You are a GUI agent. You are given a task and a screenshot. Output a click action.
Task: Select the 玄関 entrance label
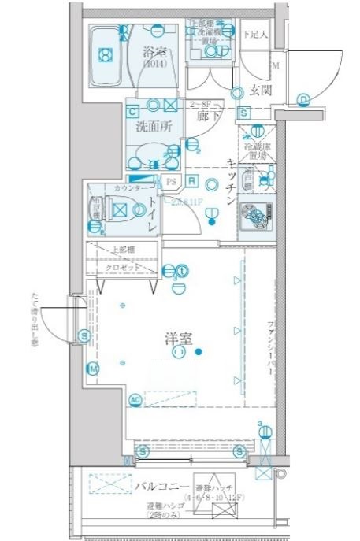[x=261, y=90]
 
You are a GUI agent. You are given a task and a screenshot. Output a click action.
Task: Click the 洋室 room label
[x=180, y=338]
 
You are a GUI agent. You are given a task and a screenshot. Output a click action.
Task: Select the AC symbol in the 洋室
[x=135, y=399]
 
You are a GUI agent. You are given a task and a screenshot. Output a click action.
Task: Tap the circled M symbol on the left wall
[x=93, y=369]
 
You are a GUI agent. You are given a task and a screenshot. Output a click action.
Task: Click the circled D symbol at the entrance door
[x=303, y=98]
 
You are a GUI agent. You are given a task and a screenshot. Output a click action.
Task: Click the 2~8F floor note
[x=203, y=104]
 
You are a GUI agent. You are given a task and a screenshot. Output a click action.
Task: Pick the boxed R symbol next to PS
[x=192, y=180]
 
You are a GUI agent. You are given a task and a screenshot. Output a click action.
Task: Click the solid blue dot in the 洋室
[x=200, y=351]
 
